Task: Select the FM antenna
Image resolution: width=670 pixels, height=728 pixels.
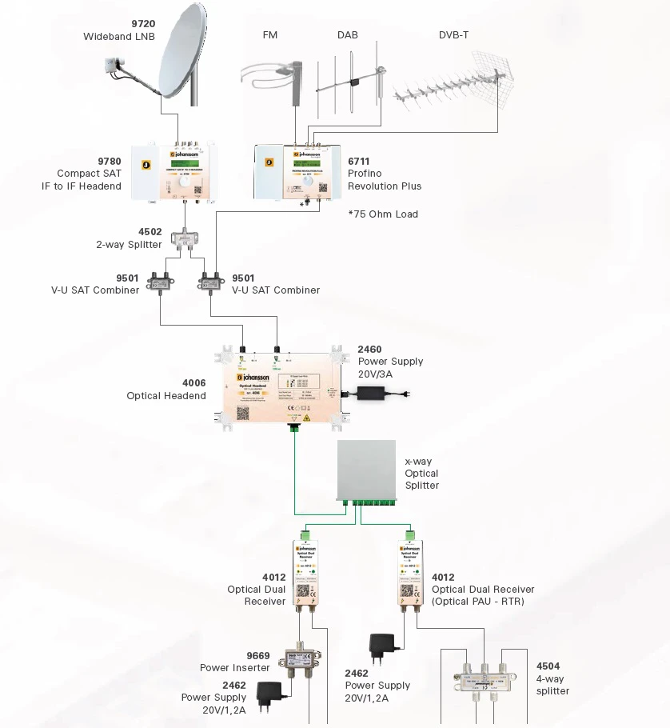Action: (x=276, y=76)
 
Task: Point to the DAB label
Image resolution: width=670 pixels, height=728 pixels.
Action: (x=347, y=35)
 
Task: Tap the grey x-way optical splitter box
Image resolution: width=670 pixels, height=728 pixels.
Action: (x=367, y=471)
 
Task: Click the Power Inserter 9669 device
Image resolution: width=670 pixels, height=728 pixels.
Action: (x=299, y=662)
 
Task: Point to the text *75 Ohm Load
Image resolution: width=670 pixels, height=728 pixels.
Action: (x=383, y=214)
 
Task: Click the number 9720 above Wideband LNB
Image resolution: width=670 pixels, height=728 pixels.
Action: (x=143, y=24)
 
